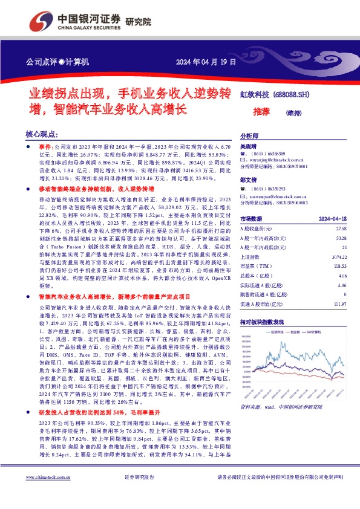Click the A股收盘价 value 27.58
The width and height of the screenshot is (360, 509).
point(339,229)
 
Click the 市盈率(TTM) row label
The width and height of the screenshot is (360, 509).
point(255,267)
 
